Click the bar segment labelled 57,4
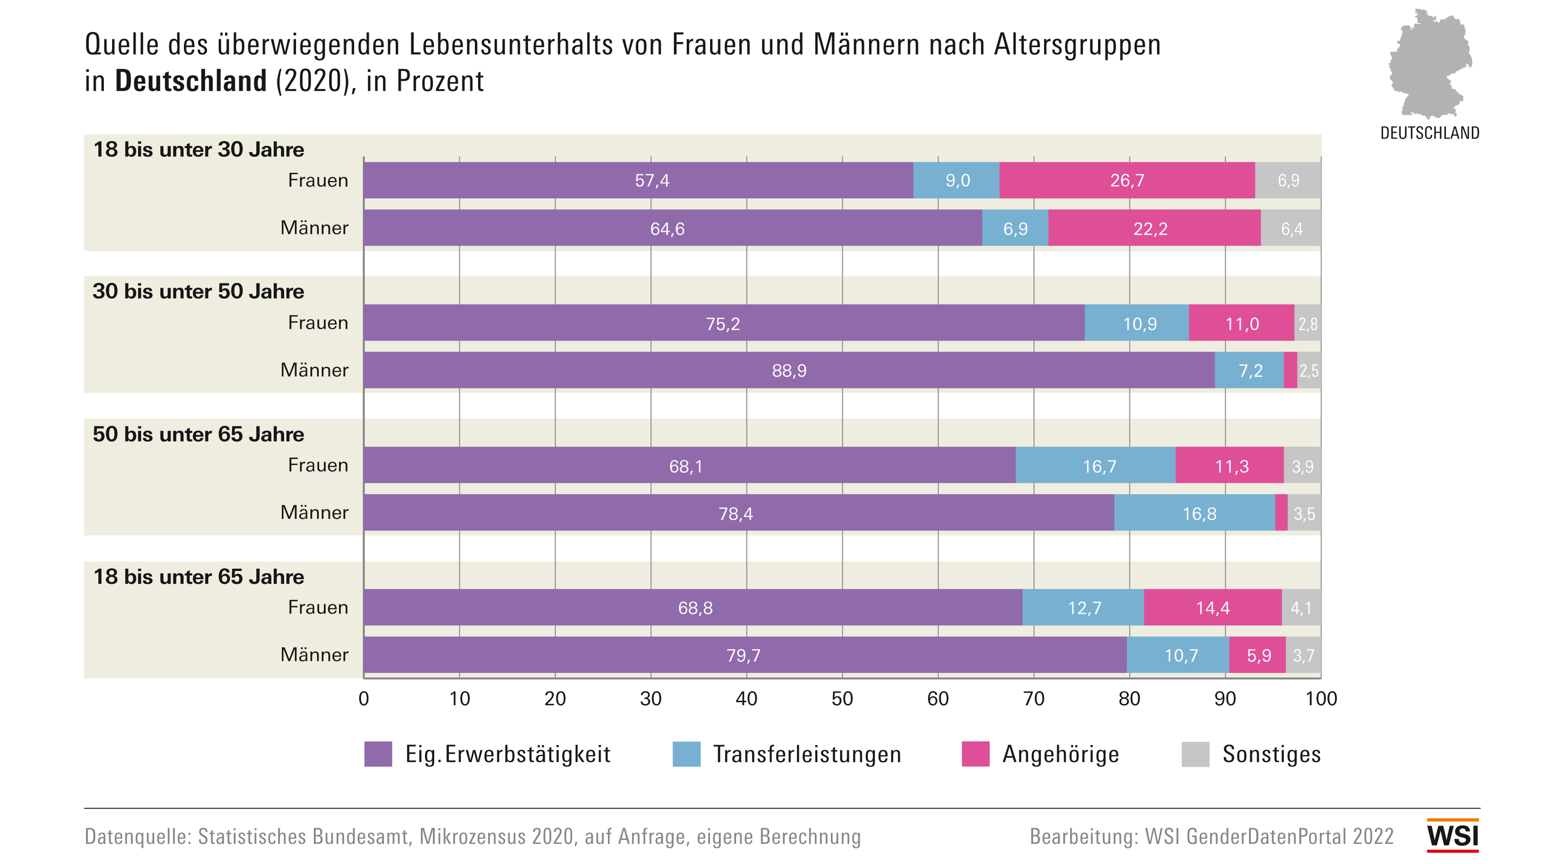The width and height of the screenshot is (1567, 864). [x=638, y=180]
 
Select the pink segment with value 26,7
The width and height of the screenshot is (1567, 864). [x=1127, y=180]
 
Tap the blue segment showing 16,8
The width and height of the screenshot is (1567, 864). [x=1194, y=513]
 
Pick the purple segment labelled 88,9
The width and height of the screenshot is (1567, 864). [x=789, y=370]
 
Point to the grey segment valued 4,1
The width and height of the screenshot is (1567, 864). [x=1300, y=607]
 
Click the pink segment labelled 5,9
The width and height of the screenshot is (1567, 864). [x=1257, y=655]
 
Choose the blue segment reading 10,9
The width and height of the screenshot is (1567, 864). [x=1136, y=323]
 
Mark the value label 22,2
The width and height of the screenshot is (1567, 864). [x=1150, y=228]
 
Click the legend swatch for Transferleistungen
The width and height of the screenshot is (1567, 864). [x=686, y=754]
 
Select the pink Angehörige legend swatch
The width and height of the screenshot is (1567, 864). [x=975, y=754]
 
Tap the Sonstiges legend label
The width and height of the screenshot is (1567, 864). [x=1272, y=754]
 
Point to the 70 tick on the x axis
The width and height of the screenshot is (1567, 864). [x=1034, y=699]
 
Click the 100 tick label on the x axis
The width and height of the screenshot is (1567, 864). [x=1321, y=699]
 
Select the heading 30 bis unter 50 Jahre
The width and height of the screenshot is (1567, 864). [x=198, y=291]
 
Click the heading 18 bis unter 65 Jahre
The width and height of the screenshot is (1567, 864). [x=198, y=576]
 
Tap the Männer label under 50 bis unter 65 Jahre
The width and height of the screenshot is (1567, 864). [x=314, y=513]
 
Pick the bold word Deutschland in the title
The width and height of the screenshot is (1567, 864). [x=191, y=81]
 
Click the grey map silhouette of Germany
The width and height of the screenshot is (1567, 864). [x=1429, y=64]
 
